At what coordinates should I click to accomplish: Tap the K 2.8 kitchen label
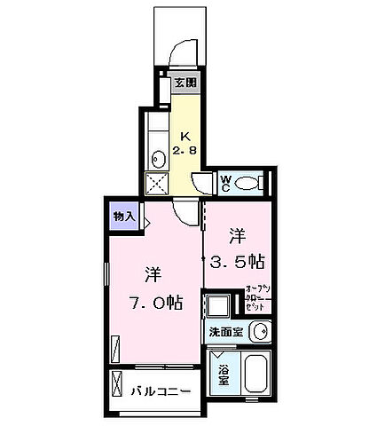tap(185, 143)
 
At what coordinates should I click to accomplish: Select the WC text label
tap(226, 183)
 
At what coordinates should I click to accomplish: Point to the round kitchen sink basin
tap(157, 160)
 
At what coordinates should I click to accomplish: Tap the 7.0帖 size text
tap(153, 302)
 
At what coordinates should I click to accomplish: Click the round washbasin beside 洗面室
tap(258, 332)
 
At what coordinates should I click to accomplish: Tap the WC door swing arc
tap(204, 184)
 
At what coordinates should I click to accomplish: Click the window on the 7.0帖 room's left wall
tap(106, 284)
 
